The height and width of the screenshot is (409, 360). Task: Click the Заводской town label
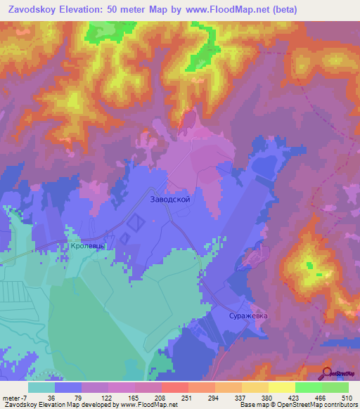tap(170, 199)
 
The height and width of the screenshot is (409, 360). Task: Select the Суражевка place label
tap(248, 316)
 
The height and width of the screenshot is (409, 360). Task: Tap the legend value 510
tap(347, 397)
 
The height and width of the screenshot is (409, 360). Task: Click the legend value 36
tap(51, 397)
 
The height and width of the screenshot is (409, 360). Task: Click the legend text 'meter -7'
tap(15, 397)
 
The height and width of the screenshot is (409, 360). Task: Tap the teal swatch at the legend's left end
tap(41, 387)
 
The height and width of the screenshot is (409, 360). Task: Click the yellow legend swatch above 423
tap(281, 387)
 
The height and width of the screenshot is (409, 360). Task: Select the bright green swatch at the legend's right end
tap(335, 387)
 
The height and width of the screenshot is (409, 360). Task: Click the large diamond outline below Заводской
tap(136, 224)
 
